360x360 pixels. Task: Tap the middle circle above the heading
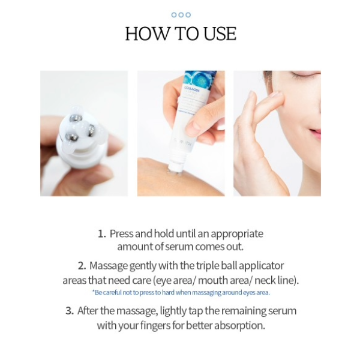(x=181, y=15)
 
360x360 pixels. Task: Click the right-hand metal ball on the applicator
(x=90, y=130)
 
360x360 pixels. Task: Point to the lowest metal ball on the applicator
(x=73, y=137)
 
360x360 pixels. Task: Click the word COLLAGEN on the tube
(x=192, y=89)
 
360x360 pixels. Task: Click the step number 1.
(x=101, y=234)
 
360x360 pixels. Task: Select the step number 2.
(x=82, y=266)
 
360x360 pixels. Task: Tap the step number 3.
(x=70, y=311)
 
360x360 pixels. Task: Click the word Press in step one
(x=122, y=234)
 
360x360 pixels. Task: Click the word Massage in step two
(x=109, y=266)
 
